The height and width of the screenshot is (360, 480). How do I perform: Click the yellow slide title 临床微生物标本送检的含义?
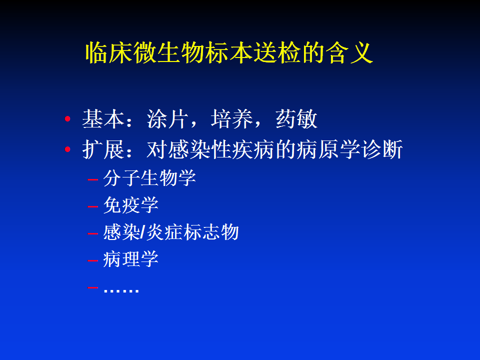[x=229, y=52]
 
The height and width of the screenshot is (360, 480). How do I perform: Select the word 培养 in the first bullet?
[x=231, y=119]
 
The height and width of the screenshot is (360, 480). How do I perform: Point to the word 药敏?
[x=296, y=119]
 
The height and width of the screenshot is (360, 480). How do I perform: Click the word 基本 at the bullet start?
[x=103, y=119]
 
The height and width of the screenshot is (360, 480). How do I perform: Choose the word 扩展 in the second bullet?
[x=103, y=149]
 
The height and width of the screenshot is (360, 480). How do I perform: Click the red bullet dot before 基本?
[x=67, y=119]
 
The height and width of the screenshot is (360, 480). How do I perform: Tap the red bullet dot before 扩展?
[x=67, y=149]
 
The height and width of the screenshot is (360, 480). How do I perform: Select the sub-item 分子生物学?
[x=149, y=178]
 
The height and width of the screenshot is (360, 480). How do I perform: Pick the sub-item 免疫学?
[x=130, y=205]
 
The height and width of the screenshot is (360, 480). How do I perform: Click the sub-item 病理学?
[x=130, y=259]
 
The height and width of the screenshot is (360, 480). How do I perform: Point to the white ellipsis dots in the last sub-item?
[x=121, y=290]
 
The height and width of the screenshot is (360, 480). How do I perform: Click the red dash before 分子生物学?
[x=92, y=179]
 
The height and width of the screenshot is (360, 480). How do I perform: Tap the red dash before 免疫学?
[x=92, y=206]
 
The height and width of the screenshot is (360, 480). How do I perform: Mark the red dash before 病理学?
[x=92, y=261]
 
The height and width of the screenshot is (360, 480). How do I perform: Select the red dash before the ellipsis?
[x=92, y=287]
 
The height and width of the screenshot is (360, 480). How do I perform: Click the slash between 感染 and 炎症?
[x=142, y=232]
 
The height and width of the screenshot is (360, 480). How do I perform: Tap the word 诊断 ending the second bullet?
[x=381, y=149]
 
